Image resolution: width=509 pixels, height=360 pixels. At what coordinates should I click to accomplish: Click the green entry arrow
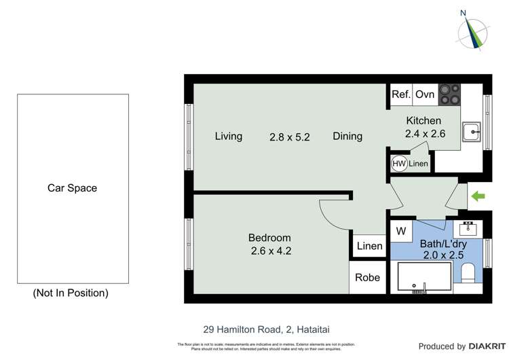[479, 197]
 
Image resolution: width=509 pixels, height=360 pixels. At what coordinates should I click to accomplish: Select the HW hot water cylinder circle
[399, 163]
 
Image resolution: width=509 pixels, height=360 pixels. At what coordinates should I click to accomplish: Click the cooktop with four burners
[449, 94]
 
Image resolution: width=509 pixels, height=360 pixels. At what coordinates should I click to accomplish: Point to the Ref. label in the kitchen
[401, 94]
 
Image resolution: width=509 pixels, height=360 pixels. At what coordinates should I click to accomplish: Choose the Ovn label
[425, 94]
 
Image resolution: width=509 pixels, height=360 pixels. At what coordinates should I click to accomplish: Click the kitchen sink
[471, 131]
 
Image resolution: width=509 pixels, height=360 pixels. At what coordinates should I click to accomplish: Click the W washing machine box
[401, 231]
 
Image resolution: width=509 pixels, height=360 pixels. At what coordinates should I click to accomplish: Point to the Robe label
[368, 277]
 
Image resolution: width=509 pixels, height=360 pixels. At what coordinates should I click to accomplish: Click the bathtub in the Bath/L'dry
[421, 277]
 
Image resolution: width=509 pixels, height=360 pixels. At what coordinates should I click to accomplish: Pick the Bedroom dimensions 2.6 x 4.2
[269, 251]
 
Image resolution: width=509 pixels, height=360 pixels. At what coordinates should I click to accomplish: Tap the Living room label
[229, 136]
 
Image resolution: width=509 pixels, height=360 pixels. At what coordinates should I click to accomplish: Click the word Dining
[347, 136]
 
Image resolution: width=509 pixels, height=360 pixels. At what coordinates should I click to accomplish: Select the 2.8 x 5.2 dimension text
[290, 136]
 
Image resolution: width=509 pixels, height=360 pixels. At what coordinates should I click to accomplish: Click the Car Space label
[72, 188]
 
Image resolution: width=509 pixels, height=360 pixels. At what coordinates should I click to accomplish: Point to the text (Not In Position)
[71, 293]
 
